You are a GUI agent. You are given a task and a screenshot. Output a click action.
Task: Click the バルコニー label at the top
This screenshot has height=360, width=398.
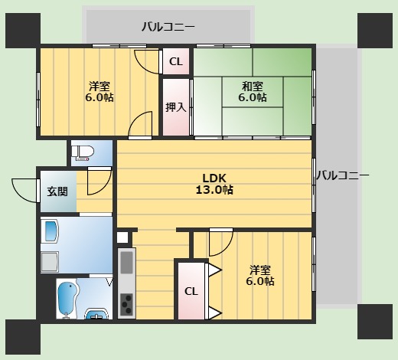pyautogui.click(x=168, y=28)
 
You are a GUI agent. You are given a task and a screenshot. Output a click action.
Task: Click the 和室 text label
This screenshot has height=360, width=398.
pyautogui.click(x=252, y=86)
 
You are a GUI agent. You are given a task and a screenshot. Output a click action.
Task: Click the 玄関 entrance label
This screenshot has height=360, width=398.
pyautogui.click(x=57, y=191)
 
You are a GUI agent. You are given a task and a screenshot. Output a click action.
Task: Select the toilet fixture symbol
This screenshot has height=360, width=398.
pyautogui.click(x=83, y=152)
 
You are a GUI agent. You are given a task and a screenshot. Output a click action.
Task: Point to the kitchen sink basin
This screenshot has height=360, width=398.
pyautogui.click(x=126, y=264)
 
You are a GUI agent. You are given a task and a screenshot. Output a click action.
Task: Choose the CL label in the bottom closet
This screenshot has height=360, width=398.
pyautogui.click(x=191, y=291)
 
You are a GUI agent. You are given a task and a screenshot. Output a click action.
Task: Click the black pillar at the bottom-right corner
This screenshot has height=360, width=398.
pyautogui.click(x=375, y=322)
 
